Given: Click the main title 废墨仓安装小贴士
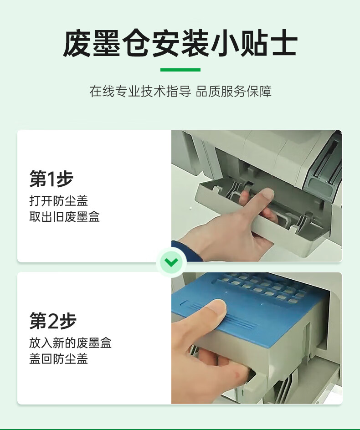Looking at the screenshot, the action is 180,44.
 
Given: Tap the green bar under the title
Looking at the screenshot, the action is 180,70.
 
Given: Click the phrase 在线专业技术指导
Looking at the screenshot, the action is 140,91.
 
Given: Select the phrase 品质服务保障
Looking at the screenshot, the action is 233,91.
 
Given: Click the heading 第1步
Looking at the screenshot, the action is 51,179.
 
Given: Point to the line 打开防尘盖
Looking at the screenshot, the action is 58,201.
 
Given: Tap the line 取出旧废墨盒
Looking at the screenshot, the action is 65,217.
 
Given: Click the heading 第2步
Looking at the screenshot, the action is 53,321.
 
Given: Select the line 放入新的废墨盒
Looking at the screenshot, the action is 70,343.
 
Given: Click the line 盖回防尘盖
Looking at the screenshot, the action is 58,358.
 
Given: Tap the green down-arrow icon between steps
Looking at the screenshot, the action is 171,262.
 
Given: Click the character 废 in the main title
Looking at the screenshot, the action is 77,44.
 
